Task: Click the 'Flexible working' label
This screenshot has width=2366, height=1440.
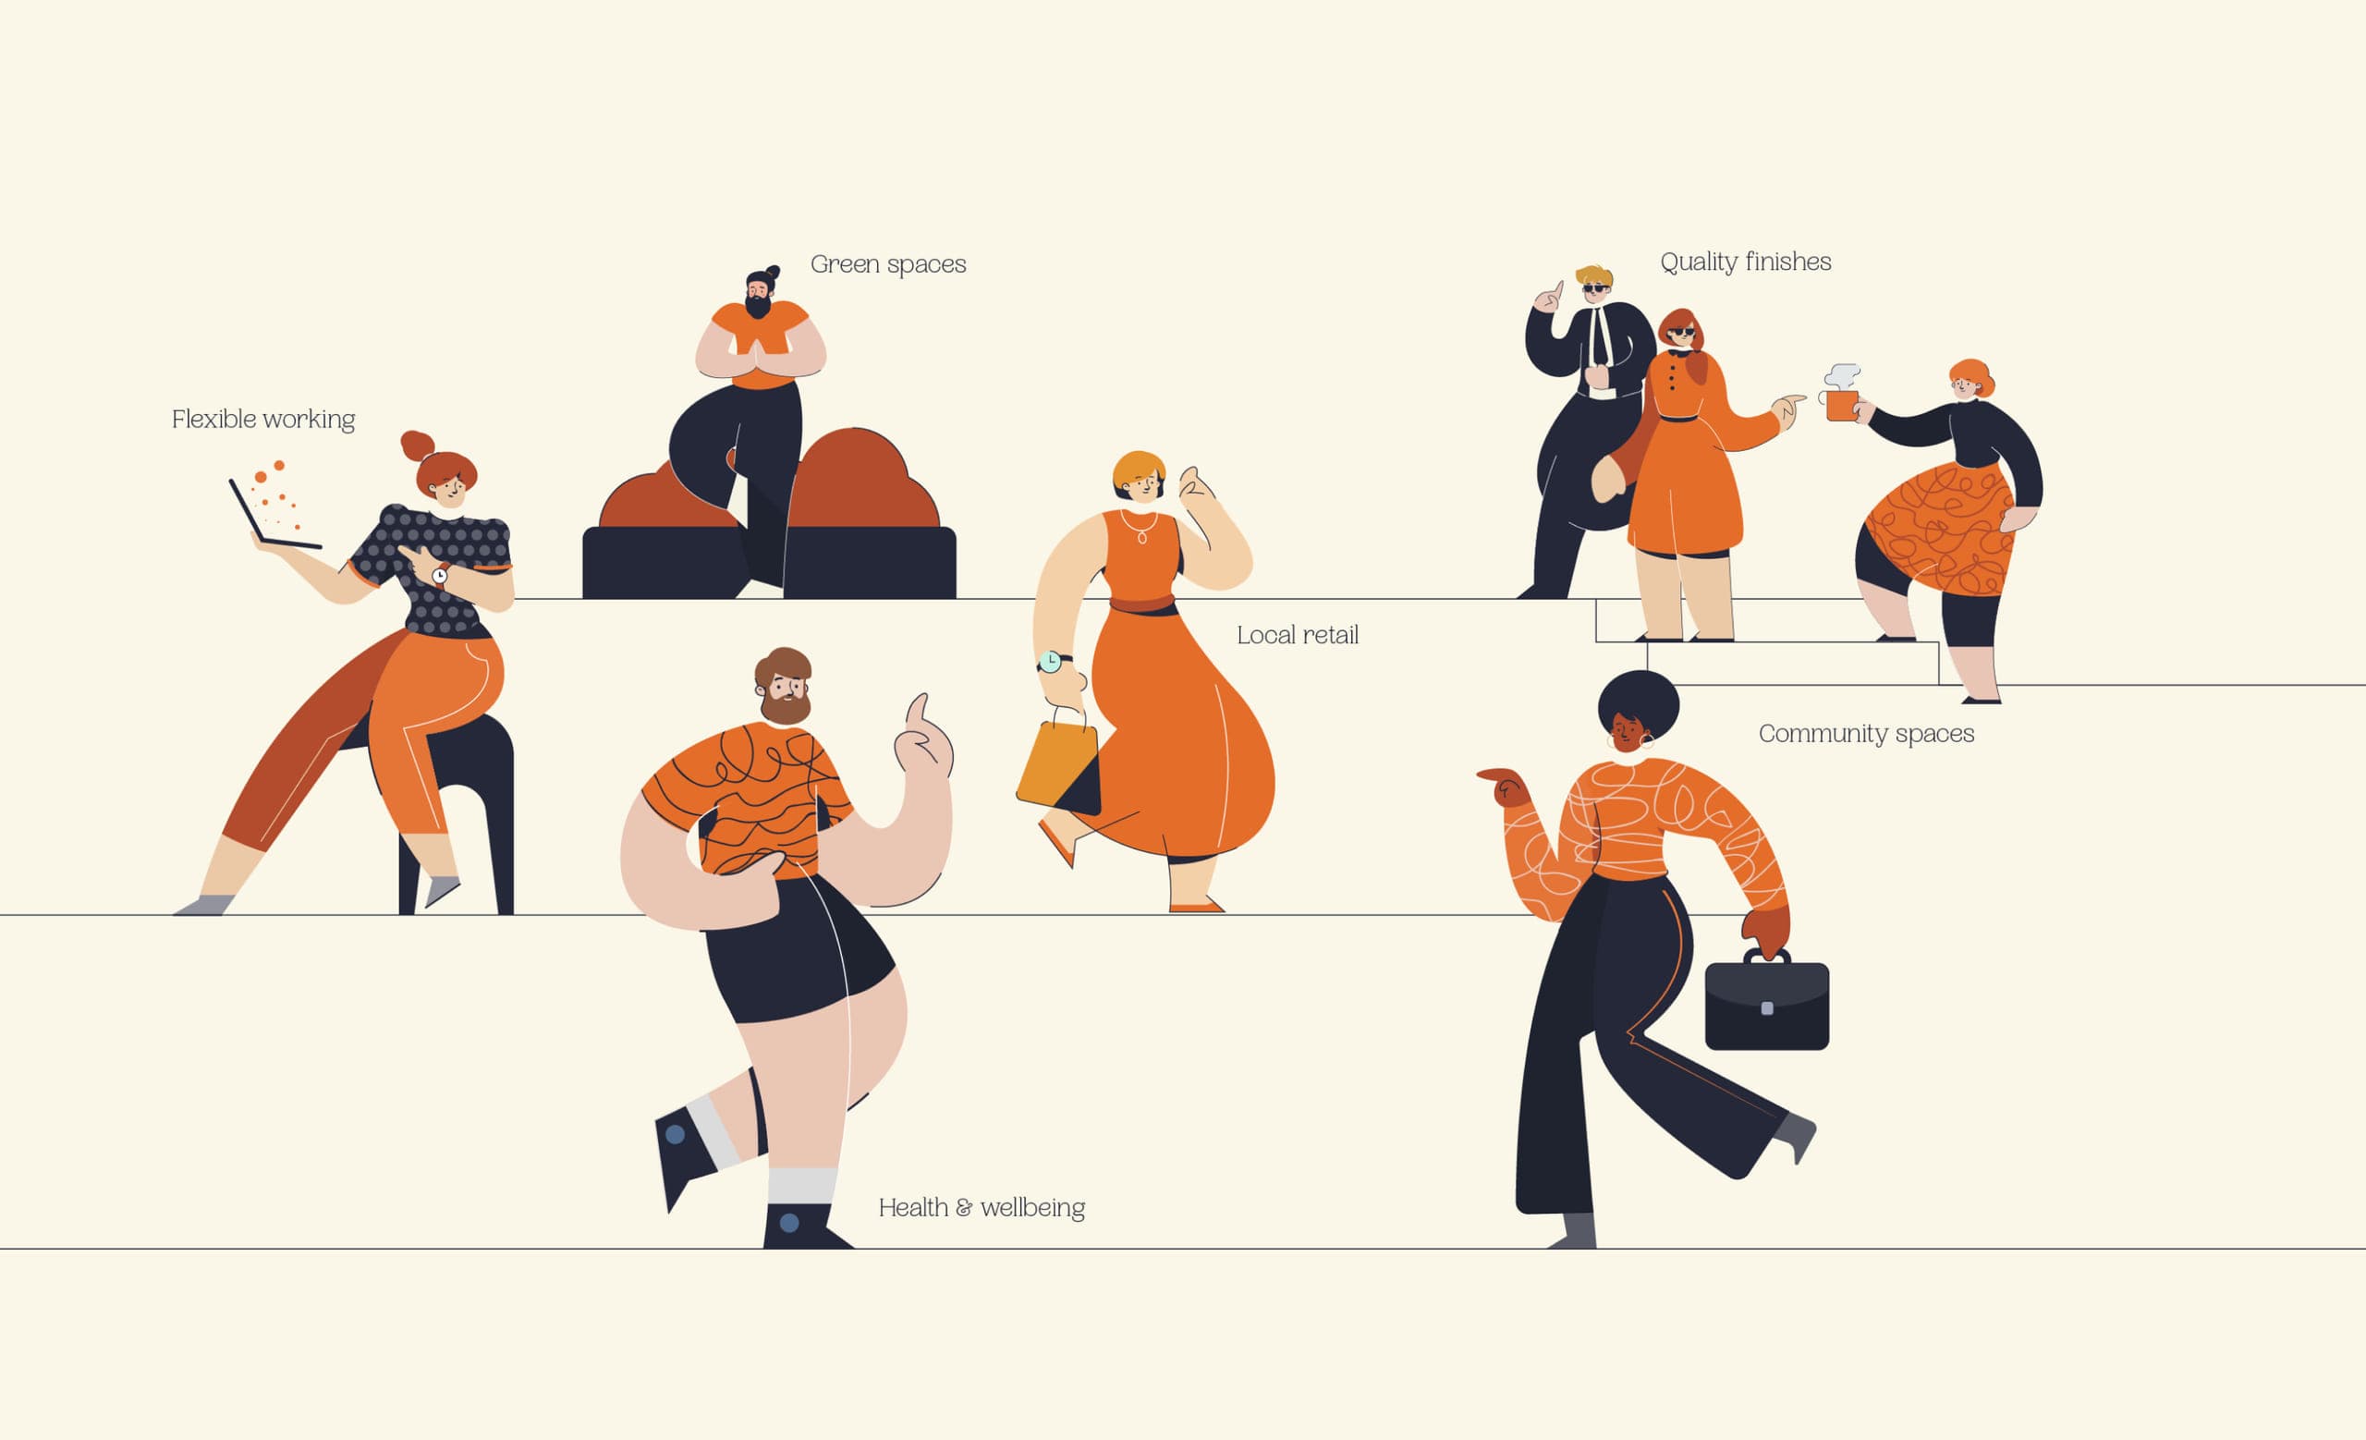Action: click(x=263, y=420)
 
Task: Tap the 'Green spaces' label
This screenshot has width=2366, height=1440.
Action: click(x=888, y=264)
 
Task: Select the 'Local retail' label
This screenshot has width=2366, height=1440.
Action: click(x=1298, y=635)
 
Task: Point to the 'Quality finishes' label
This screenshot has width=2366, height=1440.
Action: click(x=1746, y=262)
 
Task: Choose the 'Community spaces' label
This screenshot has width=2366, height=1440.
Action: click(x=1866, y=734)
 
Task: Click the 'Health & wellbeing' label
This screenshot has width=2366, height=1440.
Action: click(x=982, y=1207)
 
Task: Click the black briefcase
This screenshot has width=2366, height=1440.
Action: click(x=1767, y=1002)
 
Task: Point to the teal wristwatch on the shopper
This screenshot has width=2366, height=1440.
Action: click(x=1051, y=662)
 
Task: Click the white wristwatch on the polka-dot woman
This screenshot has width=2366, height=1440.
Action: click(x=440, y=575)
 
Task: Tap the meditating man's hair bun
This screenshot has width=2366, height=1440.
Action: click(x=772, y=273)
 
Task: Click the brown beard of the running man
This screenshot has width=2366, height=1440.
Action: click(x=786, y=706)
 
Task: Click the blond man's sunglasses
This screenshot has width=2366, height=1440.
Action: click(x=1595, y=288)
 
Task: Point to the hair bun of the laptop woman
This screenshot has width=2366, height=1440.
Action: click(x=417, y=445)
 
